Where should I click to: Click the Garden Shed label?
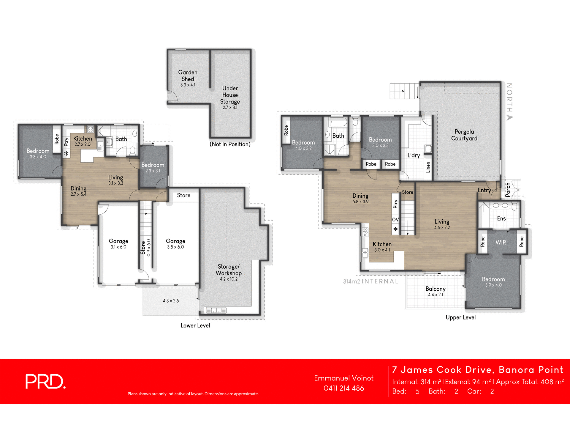click(188, 75)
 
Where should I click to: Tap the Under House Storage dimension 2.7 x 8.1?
click(230, 108)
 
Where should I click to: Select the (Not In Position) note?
click(230, 144)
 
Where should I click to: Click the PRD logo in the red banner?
click(45, 381)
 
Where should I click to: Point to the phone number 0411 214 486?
click(344, 388)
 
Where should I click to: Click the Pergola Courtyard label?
click(464, 135)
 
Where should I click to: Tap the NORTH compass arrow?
click(510, 117)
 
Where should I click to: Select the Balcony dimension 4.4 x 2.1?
click(436, 295)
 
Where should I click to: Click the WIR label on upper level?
click(501, 243)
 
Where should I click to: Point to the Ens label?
click(501, 218)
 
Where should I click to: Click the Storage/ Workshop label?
click(229, 270)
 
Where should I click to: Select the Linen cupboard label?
click(428, 167)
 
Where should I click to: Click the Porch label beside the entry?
click(508, 190)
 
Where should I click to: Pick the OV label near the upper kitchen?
click(395, 220)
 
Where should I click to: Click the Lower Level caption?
click(195, 325)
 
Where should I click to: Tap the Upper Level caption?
click(460, 317)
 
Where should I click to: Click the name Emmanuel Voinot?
click(344, 378)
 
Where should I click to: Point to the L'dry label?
click(414, 155)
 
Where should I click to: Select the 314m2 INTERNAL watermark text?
click(371, 281)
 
